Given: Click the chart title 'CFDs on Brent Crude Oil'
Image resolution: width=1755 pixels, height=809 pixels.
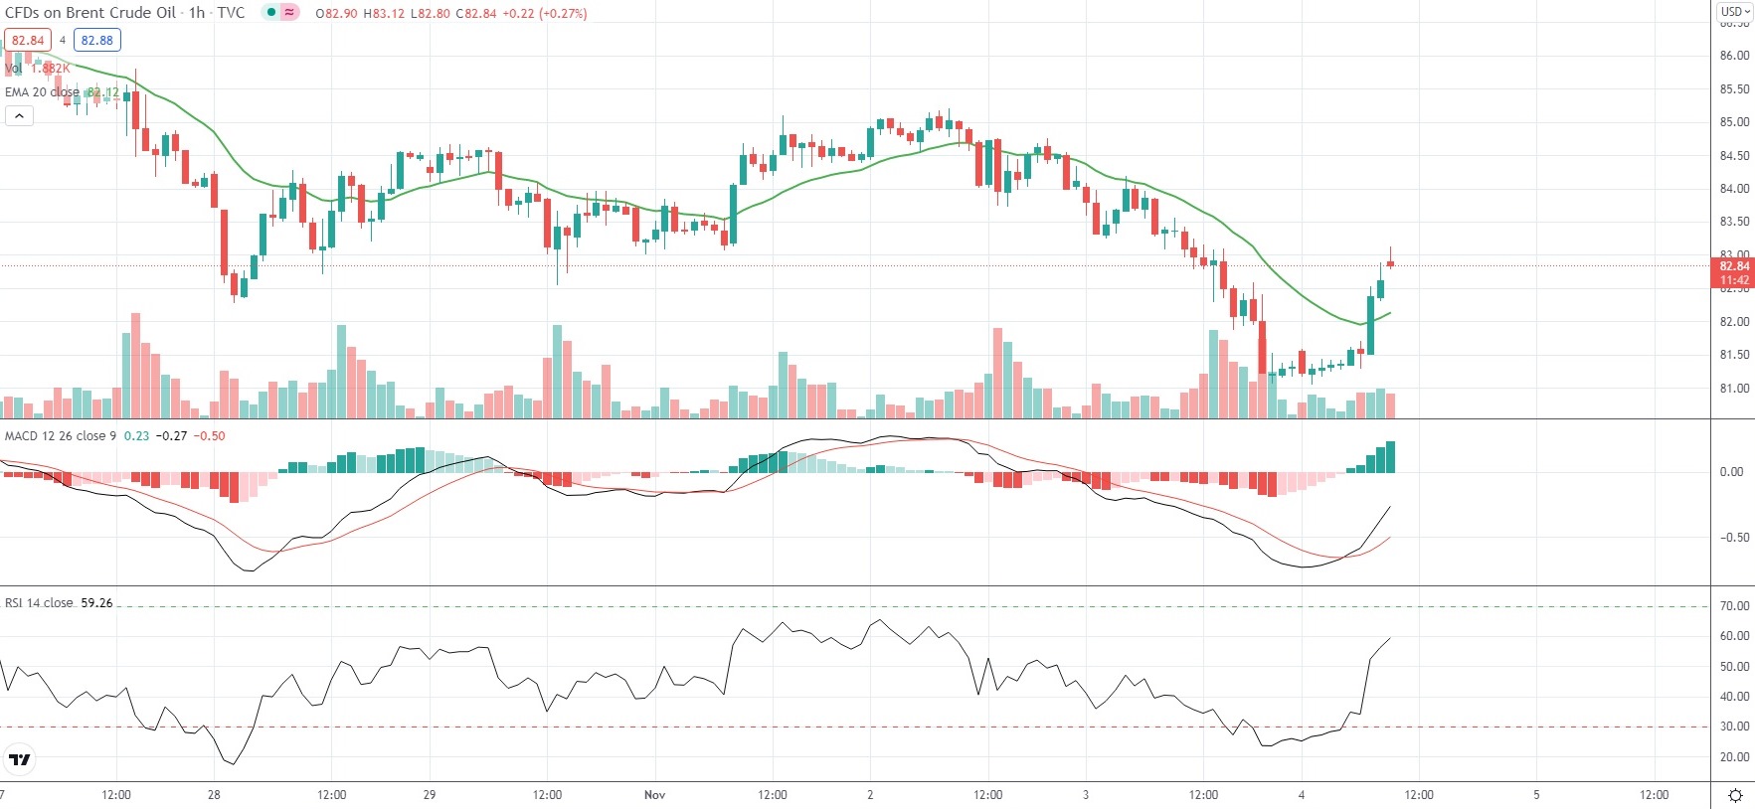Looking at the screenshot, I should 90,13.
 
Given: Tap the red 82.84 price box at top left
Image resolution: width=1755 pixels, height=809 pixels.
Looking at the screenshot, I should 28,41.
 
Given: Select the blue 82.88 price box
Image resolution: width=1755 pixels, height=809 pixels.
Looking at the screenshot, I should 97,41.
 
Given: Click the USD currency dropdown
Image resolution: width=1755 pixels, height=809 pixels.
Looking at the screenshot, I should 1735,12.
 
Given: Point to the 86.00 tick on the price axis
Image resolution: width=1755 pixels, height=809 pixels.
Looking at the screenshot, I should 1734,56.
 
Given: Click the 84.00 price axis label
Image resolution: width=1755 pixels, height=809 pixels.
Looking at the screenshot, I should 1734,189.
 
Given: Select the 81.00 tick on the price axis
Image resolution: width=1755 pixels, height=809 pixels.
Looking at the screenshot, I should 1734,389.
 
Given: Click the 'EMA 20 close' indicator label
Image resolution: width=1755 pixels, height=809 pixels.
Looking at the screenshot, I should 42,92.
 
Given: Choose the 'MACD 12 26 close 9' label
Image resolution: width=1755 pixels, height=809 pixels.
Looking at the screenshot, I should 61,436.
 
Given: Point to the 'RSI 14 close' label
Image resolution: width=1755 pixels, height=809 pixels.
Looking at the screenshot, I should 39,603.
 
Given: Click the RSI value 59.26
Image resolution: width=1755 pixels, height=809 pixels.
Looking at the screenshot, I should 96,603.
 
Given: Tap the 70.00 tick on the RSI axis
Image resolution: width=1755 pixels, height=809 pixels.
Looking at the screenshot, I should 1734,606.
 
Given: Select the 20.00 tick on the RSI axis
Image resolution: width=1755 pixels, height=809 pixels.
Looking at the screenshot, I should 1734,757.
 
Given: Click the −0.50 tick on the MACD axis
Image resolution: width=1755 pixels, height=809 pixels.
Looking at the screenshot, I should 1731,538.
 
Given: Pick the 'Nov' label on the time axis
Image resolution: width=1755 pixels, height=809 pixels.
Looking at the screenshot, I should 654,795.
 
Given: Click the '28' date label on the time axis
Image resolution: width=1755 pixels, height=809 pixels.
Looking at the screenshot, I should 214,795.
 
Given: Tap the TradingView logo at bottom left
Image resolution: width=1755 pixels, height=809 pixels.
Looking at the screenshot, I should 19,760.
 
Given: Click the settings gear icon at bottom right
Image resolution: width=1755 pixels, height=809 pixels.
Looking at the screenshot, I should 1735,795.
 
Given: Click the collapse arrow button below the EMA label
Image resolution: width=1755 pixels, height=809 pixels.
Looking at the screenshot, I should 19,116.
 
